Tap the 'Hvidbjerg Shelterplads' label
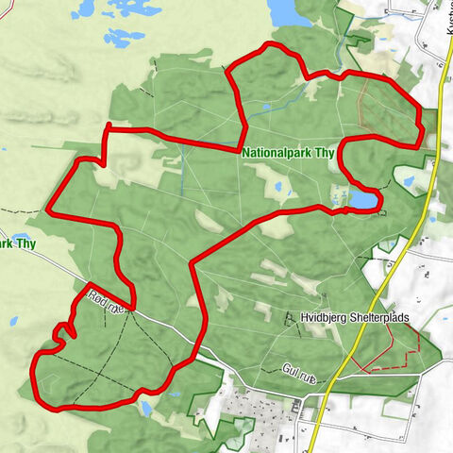pos(355,318)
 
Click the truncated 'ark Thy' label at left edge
pos(17,244)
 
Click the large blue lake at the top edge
pos(282,11)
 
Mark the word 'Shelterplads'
pos(379,318)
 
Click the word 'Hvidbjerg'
pos(324,318)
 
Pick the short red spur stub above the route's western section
pos(109,126)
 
